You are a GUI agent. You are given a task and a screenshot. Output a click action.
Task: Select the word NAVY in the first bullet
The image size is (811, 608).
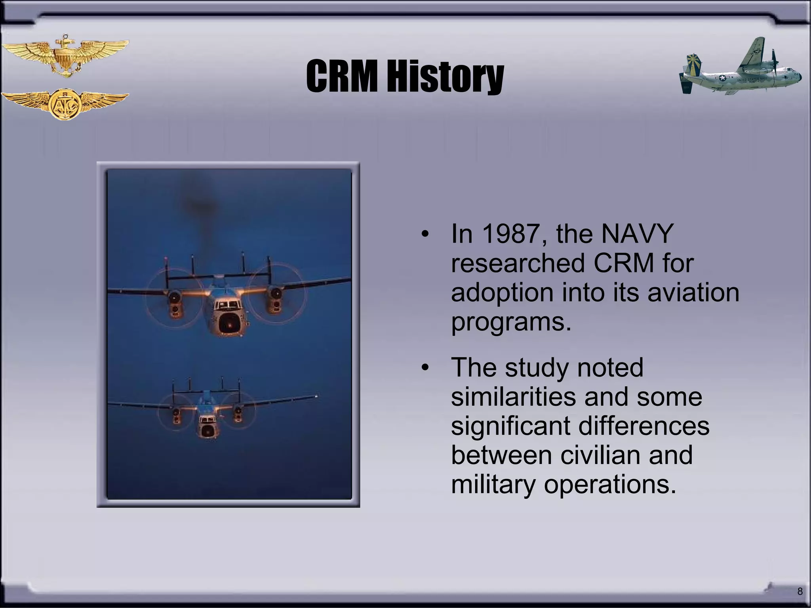[637, 234]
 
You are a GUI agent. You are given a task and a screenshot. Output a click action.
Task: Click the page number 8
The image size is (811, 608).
[800, 591]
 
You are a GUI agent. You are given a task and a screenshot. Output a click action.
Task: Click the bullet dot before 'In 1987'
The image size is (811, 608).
[425, 234]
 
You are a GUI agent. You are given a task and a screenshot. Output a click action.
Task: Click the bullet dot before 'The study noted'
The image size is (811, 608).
[425, 368]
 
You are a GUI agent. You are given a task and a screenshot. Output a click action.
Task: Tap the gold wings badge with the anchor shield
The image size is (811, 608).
[65, 56]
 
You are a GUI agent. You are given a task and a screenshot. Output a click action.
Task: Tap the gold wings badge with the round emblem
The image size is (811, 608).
[65, 104]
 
